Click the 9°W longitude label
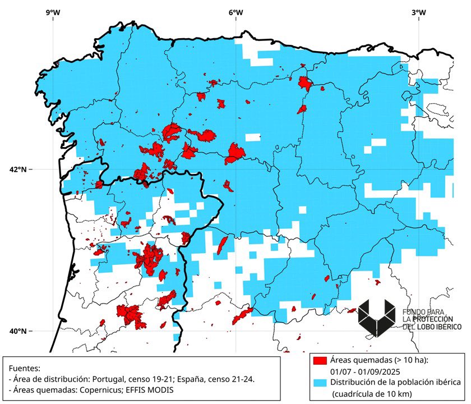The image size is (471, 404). [x=53, y=12]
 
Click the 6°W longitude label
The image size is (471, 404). [x=235, y=12]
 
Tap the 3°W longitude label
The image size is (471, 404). [x=418, y=12]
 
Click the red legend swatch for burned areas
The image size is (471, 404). [x=320, y=360]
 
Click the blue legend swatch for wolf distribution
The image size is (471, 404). [x=320, y=382]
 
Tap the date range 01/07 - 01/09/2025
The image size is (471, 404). [x=373, y=370]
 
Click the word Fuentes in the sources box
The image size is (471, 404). [x=25, y=369]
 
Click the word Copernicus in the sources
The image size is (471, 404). [x=111, y=390]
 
